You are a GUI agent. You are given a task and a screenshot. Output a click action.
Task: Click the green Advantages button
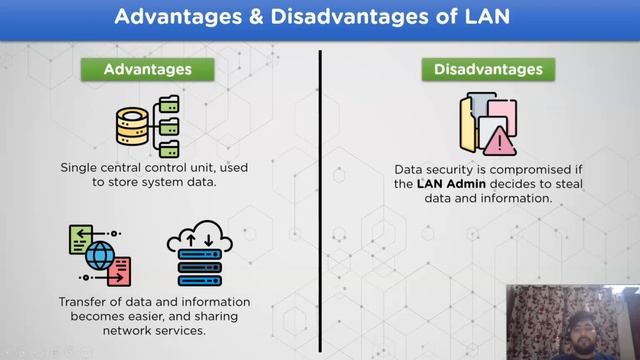tap(148, 70)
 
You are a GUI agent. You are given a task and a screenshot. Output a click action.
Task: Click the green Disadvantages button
tap(488, 70)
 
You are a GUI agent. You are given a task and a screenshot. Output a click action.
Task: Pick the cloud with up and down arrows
tap(199, 241)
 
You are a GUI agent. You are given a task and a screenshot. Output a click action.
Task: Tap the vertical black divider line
tap(320, 200)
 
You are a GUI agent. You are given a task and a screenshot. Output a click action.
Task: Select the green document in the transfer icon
tap(80, 238)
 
